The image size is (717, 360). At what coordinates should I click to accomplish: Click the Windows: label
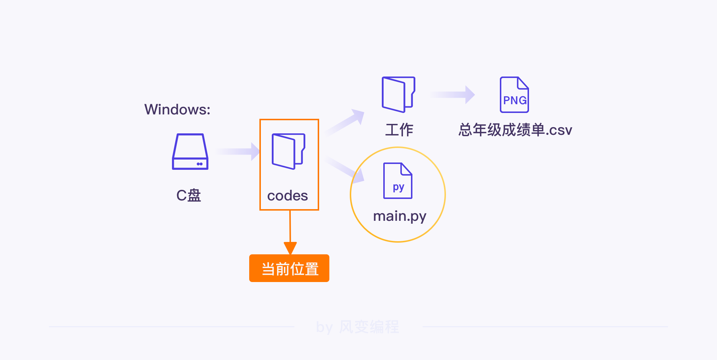(177, 109)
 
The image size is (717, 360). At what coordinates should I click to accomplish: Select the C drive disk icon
(190, 152)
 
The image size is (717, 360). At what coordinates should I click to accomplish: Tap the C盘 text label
(189, 196)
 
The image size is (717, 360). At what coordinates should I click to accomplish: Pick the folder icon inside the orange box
(288, 151)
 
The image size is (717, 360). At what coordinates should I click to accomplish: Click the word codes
(287, 196)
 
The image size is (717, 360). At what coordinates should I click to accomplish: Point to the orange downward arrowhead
(290, 248)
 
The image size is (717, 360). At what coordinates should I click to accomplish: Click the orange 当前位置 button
(289, 269)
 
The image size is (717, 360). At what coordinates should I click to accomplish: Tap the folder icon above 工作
(398, 94)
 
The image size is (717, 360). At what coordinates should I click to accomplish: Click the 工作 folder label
(399, 130)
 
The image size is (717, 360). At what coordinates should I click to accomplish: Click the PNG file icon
(514, 95)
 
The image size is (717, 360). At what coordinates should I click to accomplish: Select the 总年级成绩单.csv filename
(515, 130)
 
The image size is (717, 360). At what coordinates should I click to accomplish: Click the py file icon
(397, 181)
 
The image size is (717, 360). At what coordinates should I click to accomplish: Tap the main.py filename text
(400, 216)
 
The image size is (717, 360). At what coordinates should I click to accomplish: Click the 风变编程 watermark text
(369, 327)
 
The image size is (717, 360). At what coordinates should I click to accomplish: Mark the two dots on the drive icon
(200, 164)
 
